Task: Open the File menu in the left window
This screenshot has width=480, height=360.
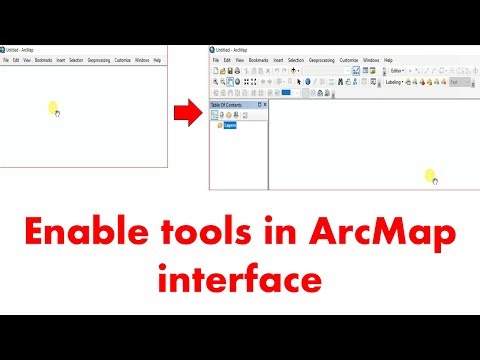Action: pyautogui.click(x=6, y=60)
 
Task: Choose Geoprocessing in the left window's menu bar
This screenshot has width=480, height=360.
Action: pyautogui.click(x=97, y=60)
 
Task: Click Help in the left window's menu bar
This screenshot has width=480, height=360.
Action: pyautogui.click(x=157, y=60)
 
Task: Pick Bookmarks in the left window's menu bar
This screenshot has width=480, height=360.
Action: pyautogui.click(x=43, y=60)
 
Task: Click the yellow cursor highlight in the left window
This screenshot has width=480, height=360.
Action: pyautogui.click(x=54, y=108)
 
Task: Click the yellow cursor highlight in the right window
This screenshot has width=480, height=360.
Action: pyautogui.click(x=431, y=176)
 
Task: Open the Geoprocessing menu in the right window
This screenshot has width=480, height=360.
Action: pyautogui.click(x=321, y=60)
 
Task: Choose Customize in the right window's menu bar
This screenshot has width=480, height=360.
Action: pyautogui.click(x=349, y=60)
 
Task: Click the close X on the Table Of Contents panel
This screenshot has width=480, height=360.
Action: pyautogui.click(x=265, y=105)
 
